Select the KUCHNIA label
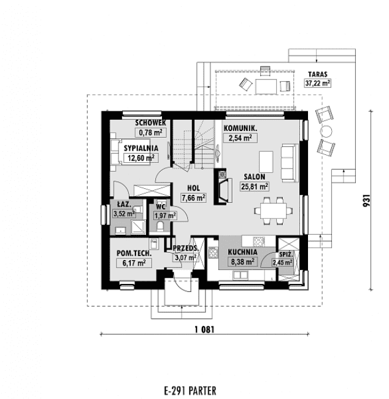[x=242, y=252]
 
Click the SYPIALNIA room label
[x=141, y=148]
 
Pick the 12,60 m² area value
[x=141, y=158]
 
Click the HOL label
[x=194, y=188]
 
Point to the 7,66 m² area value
[x=193, y=197]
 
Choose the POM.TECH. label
[x=132, y=253]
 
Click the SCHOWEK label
[x=150, y=123]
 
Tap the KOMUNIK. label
[x=239, y=128]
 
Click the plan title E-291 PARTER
[x=191, y=390]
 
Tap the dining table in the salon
[x=271, y=208]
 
